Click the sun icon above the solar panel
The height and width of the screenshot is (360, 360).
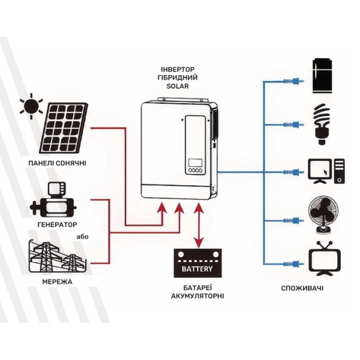(x=31, y=106)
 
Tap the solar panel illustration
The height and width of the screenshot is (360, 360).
(x=63, y=128)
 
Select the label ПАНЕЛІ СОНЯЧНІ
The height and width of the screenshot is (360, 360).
(x=58, y=163)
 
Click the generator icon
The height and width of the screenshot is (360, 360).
(x=53, y=200)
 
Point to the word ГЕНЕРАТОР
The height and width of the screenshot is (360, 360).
(x=58, y=224)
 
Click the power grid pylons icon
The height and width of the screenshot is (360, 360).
(x=58, y=256)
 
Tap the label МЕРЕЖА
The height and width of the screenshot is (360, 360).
(x=58, y=282)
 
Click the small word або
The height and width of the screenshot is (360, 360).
(x=82, y=236)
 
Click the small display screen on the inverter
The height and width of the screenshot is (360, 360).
(x=196, y=163)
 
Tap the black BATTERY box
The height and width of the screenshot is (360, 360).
(x=197, y=263)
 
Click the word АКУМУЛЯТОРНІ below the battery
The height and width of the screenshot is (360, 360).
(x=197, y=296)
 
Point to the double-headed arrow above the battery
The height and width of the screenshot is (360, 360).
(x=199, y=225)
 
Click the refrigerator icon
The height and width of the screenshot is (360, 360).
(x=323, y=76)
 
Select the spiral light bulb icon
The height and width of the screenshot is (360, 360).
(x=323, y=124)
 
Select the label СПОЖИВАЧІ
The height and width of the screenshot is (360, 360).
(x=302, y=288)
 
